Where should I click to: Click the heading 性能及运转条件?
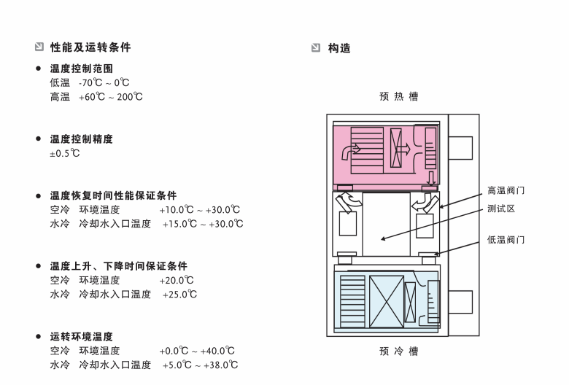(x=90, y=47)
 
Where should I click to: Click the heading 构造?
(x=339, y=48)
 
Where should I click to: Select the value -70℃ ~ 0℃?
(x=104, y=83)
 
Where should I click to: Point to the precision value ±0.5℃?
(x=65, y=153)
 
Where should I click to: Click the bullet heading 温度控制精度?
(x=81, y=139)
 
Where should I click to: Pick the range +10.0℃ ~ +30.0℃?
(x=199, y=210)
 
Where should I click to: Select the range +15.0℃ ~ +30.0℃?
(x=203, y=224)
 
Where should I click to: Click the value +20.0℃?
(x=177, y=280)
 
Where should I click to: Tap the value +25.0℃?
(x=179, y=294)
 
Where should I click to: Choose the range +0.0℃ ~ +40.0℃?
(x=197, y=351)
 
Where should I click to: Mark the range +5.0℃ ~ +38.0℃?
(x=200, y=365)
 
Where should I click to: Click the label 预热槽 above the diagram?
(x=399, y=96)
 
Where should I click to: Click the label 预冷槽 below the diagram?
(x=399, y=351)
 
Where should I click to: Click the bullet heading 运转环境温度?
(x=81, y=337)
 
